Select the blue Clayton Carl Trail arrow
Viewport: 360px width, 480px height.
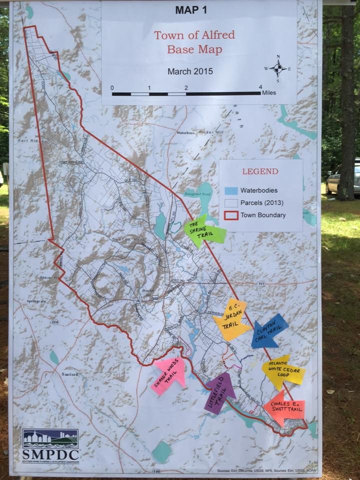pyautogui.click(x=270, y=330)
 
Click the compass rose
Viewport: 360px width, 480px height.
pyautogui.click(x=278, y=68)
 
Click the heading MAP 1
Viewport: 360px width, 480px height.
pyautogui.click(x=198, y=9)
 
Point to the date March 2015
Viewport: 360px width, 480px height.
pyautogui.click(x=190, y=71)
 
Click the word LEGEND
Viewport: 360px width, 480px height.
pyautogui.click(x=260, y=171)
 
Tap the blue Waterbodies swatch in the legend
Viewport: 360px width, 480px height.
pyautogui.click(x=230, y=190)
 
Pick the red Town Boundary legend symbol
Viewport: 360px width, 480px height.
pyautogui.click(x=230, y=215)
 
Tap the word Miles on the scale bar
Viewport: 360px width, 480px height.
pyautogui.click(x=268, y=93)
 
